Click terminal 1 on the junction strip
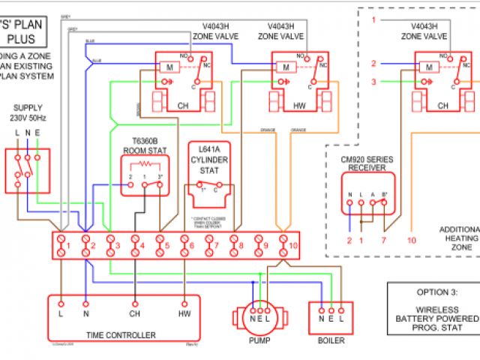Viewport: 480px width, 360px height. point(62,244)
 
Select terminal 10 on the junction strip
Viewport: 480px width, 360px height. point(283,244)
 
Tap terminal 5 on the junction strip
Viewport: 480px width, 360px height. point(160,244)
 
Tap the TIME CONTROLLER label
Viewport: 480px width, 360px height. point(121,335)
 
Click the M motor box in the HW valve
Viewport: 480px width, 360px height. point(286,68)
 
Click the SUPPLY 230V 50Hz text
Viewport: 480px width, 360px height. point(28,113)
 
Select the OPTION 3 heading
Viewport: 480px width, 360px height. point(434,292)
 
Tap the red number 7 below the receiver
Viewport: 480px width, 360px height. point(384,241)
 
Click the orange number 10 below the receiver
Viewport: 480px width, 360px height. point(411,241)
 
